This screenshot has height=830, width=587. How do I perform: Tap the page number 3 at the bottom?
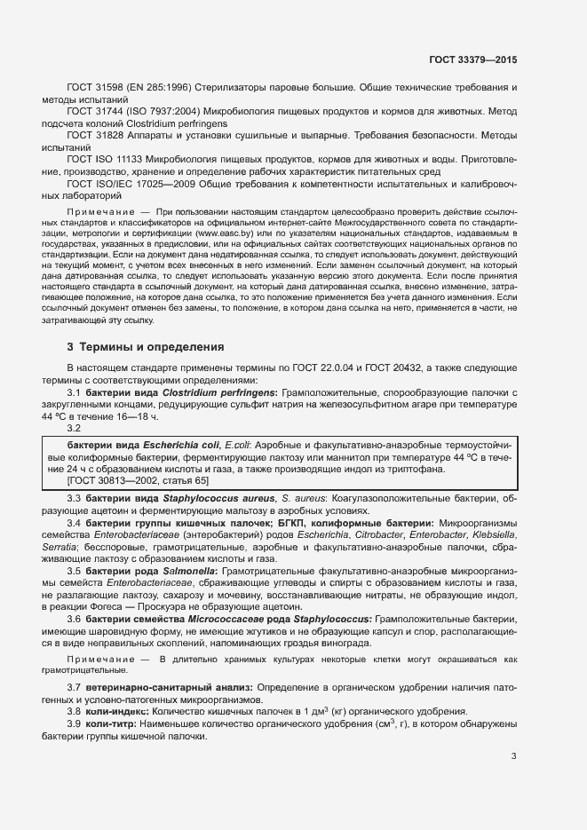pos(513,756)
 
